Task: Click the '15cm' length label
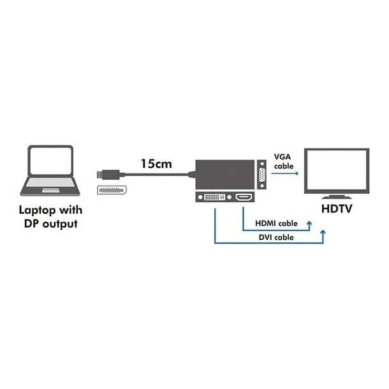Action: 157,165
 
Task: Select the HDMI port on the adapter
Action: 243,198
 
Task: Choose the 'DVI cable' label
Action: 275,237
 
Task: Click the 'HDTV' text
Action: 337,209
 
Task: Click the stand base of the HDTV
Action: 337,195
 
